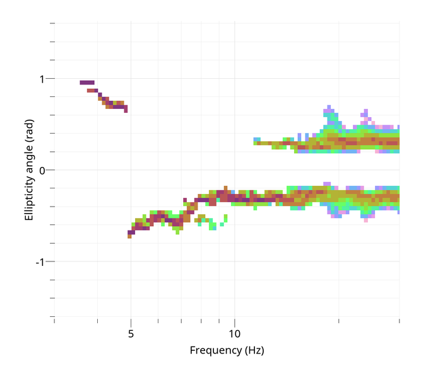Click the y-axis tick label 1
click(42, 79)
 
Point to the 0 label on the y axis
click(42, 170)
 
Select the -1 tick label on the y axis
click(40, 261)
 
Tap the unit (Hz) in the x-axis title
click(254, 350)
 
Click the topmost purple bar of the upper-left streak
click(87, 83)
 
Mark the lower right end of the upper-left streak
click(126, 110)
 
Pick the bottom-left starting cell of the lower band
click(129, 236)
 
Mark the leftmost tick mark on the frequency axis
click(55, 321)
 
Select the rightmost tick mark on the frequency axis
click(399, 321)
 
